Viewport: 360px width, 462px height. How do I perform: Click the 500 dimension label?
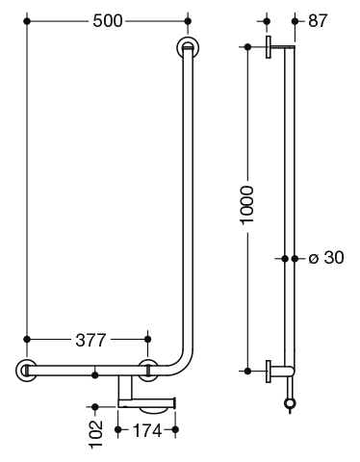(108, 21)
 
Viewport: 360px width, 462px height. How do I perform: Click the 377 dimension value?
(90, 340)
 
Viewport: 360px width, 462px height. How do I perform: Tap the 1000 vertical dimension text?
(247, 205)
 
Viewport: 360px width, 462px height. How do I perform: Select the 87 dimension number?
(318, 21)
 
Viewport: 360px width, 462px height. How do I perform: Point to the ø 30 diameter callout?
(326, 258)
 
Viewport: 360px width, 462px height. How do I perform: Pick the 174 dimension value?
(146, 430)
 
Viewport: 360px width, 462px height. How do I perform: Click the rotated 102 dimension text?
(95, 434)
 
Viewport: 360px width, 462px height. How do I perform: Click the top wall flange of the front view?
(188, 48)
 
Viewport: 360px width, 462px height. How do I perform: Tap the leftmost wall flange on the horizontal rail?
(26, 371)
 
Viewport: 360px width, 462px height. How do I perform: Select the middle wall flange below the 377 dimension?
(148, 371)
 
